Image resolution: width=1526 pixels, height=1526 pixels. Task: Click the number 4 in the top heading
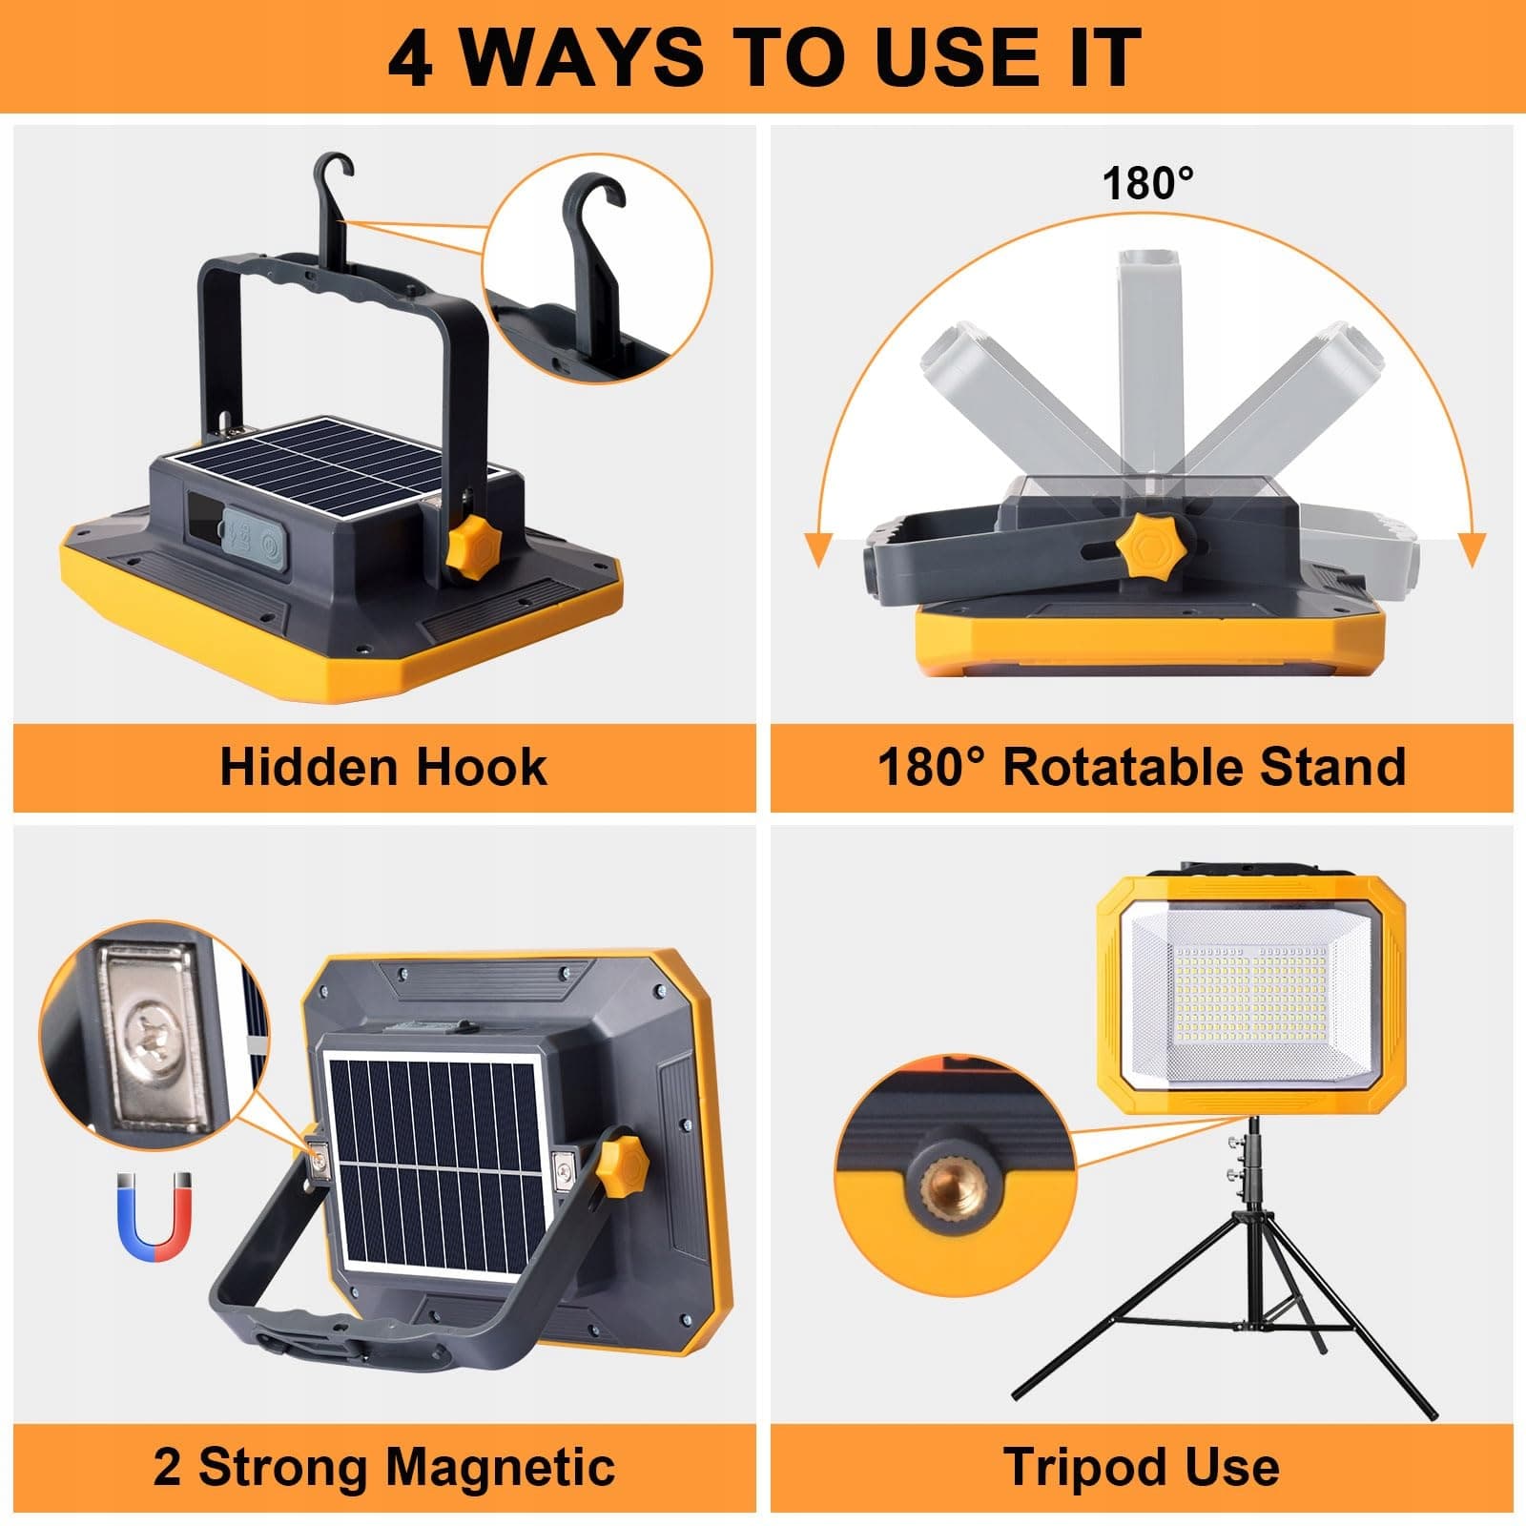click(411, 57)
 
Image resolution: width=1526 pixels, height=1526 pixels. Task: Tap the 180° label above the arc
click(1147, 182)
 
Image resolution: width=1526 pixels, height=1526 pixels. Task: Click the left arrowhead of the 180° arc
click(817, 550)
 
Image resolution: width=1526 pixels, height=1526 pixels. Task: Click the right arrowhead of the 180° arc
click(1473, 550)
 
